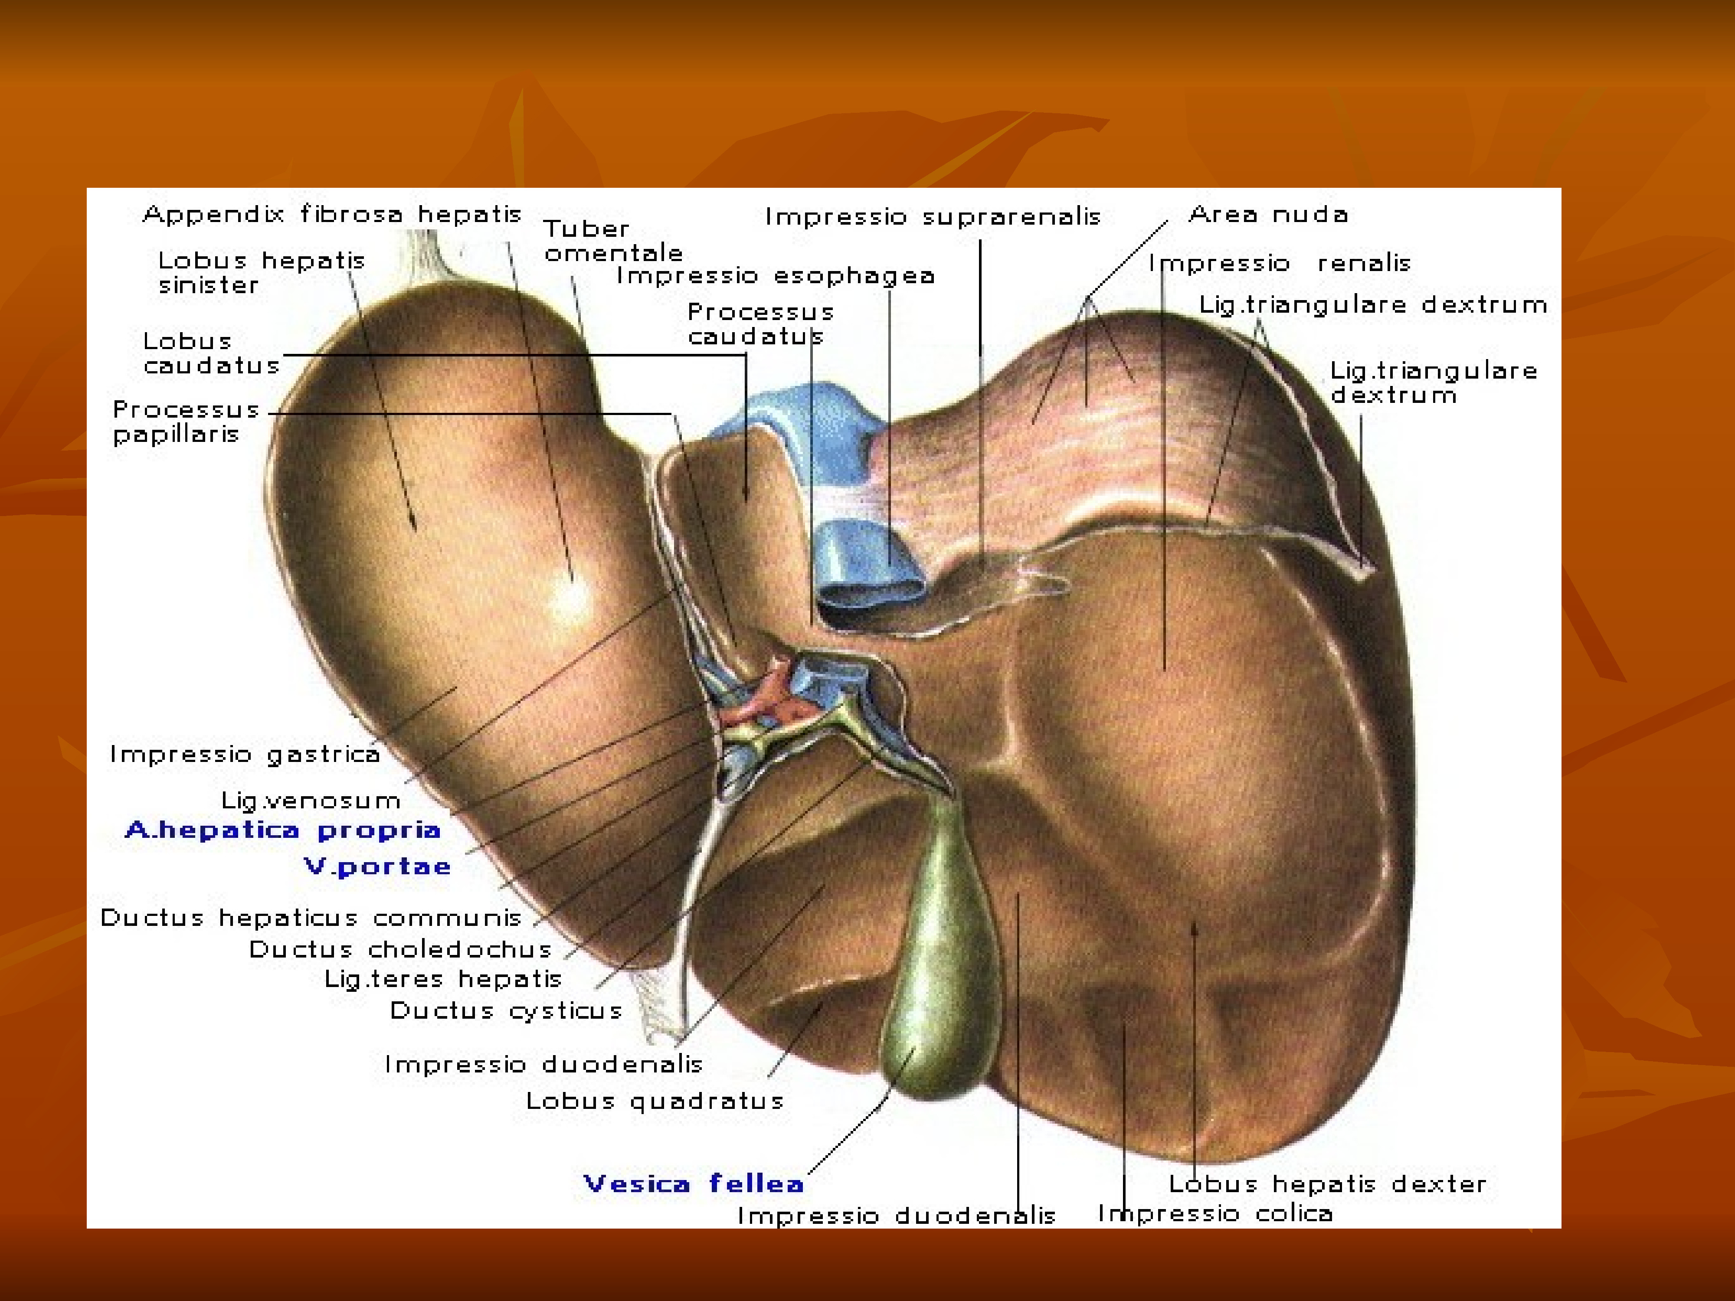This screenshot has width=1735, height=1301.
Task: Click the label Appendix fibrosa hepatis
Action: [332, 214]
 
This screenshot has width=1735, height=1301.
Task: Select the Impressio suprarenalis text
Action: [933, 216]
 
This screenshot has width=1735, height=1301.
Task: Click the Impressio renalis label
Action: [1279, 263]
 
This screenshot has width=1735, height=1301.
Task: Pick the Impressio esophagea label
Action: [775, 275]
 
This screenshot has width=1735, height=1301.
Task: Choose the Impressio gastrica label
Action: [245, 755]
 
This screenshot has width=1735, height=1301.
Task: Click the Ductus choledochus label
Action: [400, 950]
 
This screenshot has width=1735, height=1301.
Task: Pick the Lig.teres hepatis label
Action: [443, 980]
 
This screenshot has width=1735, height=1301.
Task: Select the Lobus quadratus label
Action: [654, 1101]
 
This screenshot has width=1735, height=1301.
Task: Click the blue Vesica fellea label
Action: [694, 1183]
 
